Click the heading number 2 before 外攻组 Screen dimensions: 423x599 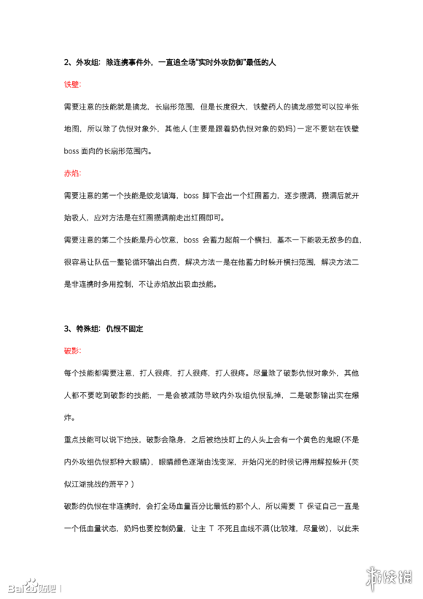(x=65, y=63)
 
